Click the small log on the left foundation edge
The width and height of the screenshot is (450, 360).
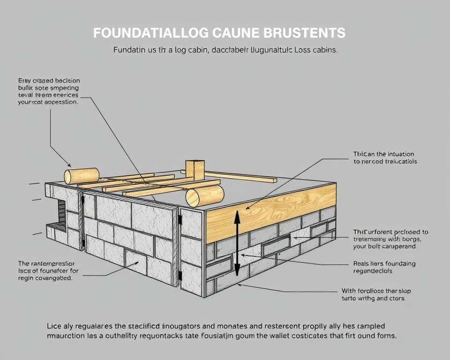[x=82, y=176]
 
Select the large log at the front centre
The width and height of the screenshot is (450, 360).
[x=205, y=195]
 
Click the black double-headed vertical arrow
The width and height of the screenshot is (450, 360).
[x=237, y=243]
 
